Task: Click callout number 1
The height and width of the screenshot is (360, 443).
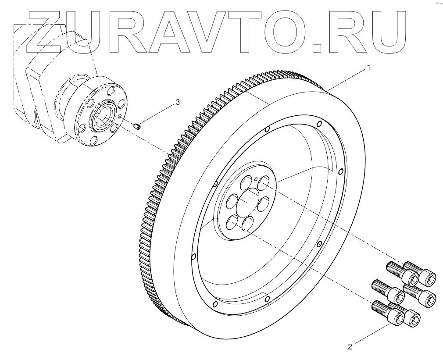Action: click(x=369, y=68)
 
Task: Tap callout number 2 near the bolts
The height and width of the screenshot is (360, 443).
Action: click(x=350, y=346)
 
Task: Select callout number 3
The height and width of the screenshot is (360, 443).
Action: click(x=178, y=102)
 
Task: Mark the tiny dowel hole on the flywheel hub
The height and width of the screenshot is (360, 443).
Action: click(x=255, y=178)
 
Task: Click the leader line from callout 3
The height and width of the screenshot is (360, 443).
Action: click(x=158, y=114)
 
